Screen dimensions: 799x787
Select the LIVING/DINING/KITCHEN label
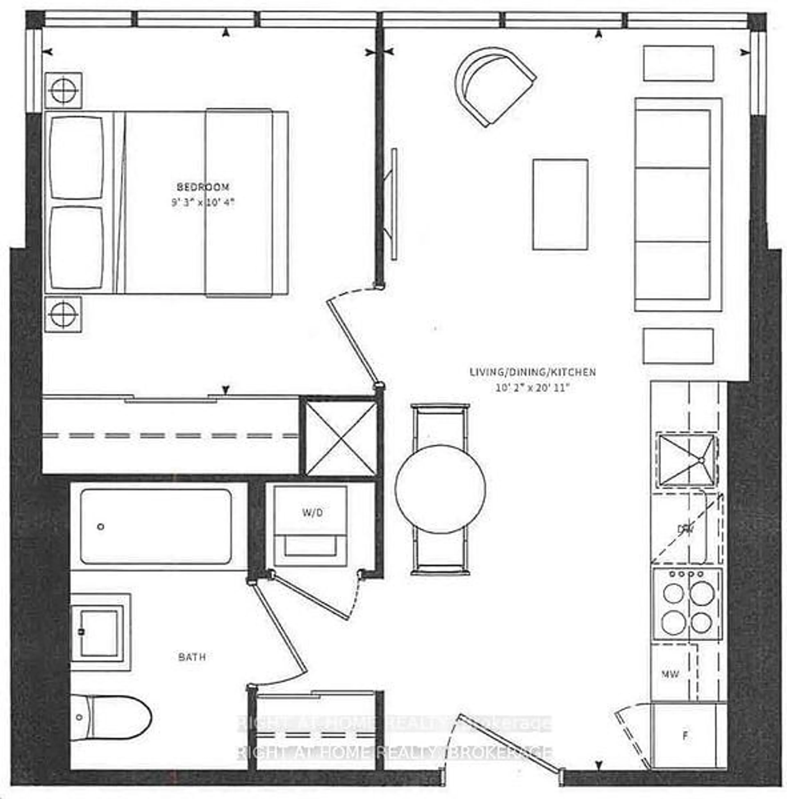pyautogui.click(x=532, y=372)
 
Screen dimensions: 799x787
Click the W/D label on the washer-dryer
pyautogui.click(x=313, y=513)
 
